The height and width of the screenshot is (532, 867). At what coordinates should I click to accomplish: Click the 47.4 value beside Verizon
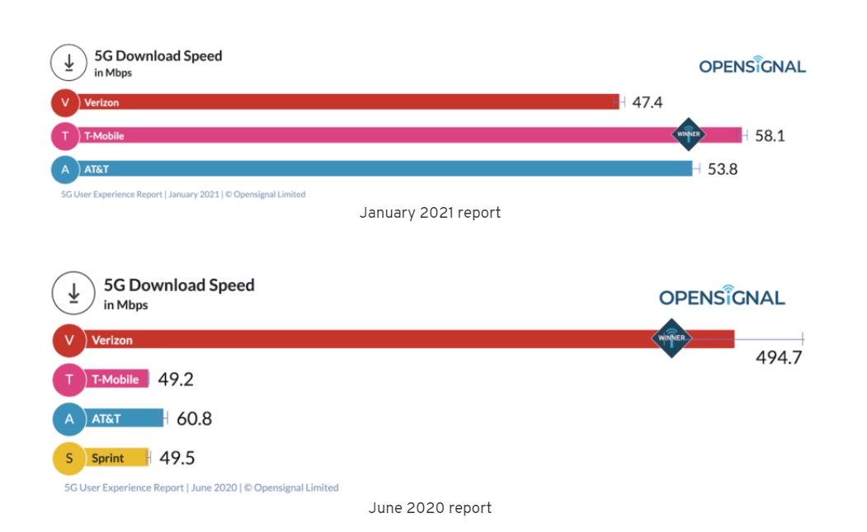tap(648, 102)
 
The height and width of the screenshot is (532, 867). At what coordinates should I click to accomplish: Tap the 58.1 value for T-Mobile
tap(770, 135)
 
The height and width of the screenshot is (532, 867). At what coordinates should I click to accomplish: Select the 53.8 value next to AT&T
tap(723, 169)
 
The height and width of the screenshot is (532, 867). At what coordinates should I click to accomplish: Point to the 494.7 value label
tap(779, 357)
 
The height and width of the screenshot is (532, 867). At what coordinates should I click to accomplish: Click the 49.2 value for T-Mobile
tap(176, 379)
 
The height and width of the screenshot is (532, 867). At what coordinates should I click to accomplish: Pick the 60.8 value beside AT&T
tap(194, 419)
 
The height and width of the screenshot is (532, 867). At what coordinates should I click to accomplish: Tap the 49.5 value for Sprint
tap(177, 459)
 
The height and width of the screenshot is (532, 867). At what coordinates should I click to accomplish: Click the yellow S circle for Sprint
tap(69, 459)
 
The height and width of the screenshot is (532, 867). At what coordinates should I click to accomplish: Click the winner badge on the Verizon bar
tap(671, 338)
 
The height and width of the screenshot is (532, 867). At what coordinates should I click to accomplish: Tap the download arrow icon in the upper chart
tap(69, 63)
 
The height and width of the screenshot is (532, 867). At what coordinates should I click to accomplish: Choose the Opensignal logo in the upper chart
tap(752, 65)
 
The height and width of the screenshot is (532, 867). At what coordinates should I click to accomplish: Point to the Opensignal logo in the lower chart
tap(722, 296)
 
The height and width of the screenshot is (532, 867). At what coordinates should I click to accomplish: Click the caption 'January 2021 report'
tap(430, 213)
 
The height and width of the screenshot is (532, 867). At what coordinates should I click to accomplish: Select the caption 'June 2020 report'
tap(430, 508)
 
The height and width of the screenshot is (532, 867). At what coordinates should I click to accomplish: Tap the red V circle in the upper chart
tap(64, 102)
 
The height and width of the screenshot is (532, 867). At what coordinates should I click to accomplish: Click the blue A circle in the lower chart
tap(69, 419)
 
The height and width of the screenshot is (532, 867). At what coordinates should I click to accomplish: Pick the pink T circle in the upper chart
tap(64, 135)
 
